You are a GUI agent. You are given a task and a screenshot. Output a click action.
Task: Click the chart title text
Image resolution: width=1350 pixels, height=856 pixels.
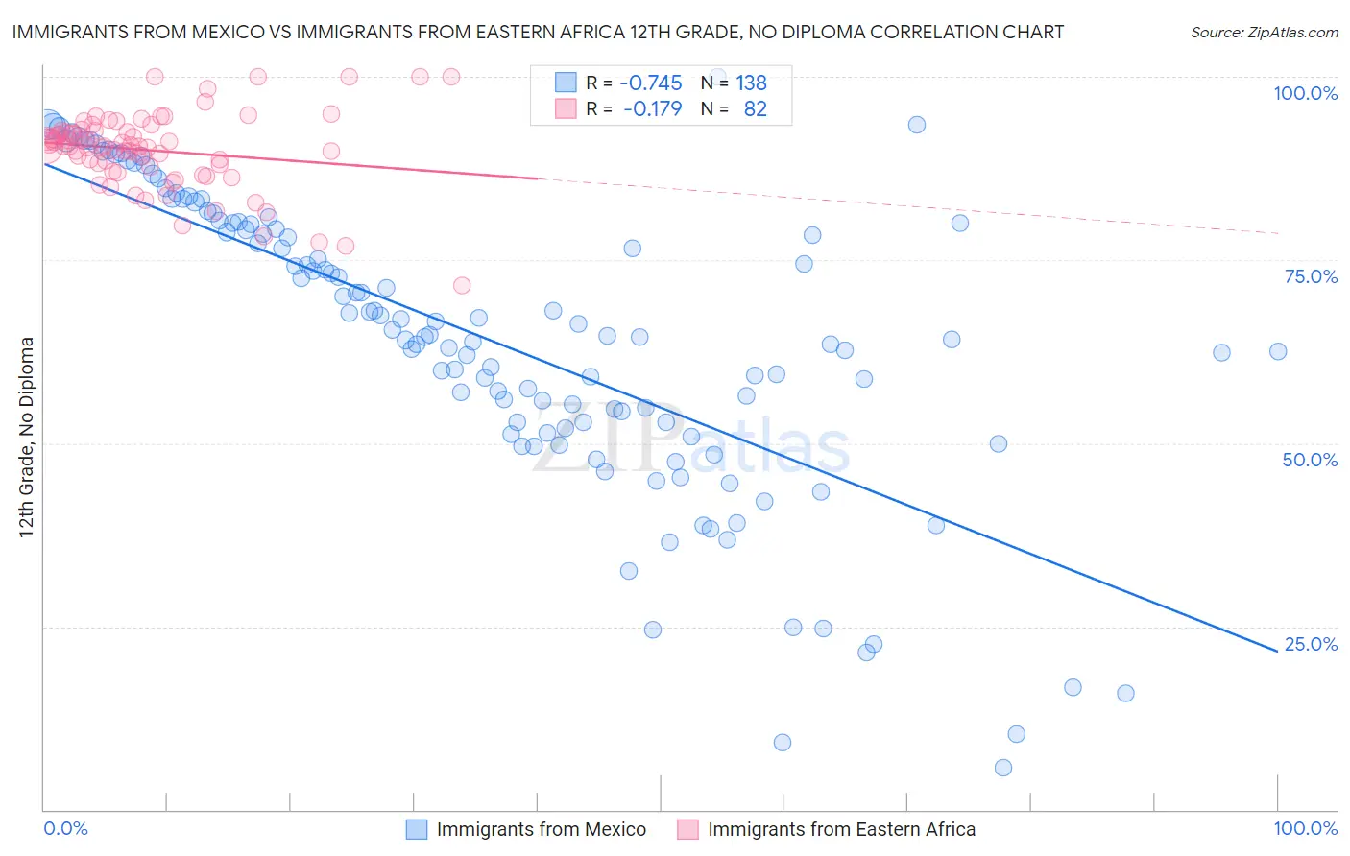(x=537, y=32)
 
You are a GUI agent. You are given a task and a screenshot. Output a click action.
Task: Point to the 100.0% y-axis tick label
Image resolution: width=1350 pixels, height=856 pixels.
(x=1305, y=93)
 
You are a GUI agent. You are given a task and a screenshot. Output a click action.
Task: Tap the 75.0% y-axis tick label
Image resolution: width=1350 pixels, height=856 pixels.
(x=1311, y=276)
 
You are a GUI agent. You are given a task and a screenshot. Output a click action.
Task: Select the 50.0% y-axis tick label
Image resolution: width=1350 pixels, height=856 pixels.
(x=1310, y=460)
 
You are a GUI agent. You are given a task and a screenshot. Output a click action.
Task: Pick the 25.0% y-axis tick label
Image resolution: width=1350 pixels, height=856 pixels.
(x=1311, y=644)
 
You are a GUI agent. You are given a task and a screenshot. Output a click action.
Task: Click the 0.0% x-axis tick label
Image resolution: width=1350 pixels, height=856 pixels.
(x=66, y=828)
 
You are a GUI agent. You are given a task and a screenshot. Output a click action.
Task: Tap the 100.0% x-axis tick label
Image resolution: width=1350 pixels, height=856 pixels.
(x=1305, y=828)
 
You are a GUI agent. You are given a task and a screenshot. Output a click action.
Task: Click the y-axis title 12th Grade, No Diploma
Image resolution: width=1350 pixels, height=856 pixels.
(x=27, y=437)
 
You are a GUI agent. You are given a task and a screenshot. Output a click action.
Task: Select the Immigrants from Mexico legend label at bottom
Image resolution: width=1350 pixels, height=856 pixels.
(x=541, y=829)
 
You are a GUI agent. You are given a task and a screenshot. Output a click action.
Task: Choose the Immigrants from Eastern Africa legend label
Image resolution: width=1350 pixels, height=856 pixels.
(x=841, y=829)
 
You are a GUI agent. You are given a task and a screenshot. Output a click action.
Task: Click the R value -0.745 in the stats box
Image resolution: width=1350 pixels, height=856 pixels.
(x=652, y=83)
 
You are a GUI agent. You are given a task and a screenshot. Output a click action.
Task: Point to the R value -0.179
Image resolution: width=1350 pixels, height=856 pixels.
(x=652, y=109)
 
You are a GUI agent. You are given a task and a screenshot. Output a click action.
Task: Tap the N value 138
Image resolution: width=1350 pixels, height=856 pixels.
(x=751, y=83)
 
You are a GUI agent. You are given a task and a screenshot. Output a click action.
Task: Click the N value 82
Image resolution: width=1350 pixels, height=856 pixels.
(x=755, y=109)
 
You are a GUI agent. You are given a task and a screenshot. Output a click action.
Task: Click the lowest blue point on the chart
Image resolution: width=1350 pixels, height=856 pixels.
(x=1003, y=768)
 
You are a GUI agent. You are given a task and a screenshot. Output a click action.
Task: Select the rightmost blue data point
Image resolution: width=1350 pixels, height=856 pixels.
(x=1278, y=352)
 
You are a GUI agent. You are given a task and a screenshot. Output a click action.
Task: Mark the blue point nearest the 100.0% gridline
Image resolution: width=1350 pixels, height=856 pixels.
(x=917, y=125)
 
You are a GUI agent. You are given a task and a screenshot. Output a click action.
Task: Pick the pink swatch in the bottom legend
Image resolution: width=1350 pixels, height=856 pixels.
(x=687, y=829)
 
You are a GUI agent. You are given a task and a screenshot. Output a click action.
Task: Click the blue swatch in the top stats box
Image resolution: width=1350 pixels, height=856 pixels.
(x=566, y=83)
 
